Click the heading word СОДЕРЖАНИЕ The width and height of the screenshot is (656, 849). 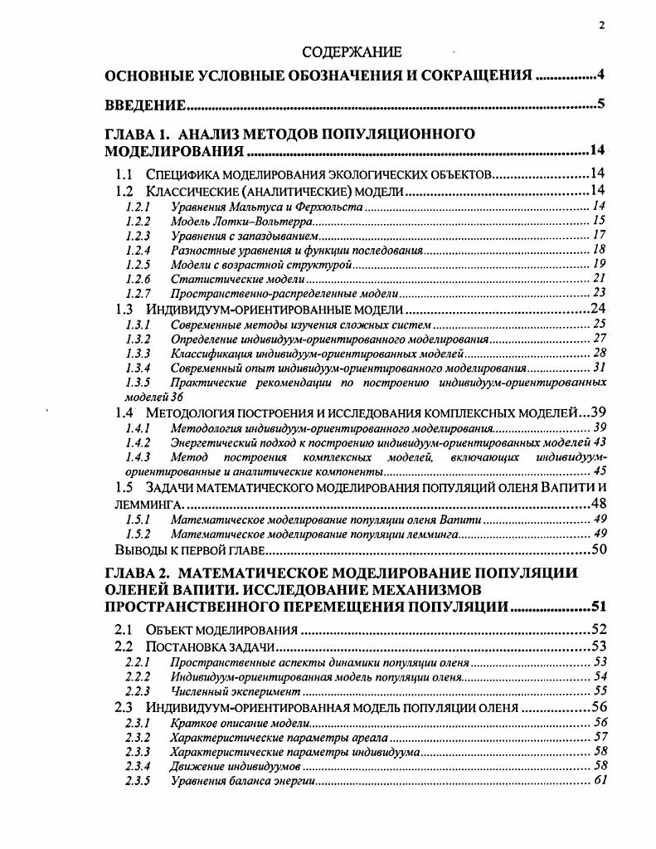(x=352, y=52)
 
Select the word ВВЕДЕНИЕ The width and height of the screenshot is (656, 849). (x=144, y=105)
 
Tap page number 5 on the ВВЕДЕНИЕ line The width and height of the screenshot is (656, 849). (x=600, y=105)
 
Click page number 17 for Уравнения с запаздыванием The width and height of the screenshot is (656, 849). (x=600, y=235)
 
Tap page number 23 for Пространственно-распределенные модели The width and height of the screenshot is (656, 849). (x=600, y=293)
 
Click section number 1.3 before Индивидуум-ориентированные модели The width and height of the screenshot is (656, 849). (x=124, y=309)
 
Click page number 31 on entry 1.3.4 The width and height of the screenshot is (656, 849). (x=600, y=367)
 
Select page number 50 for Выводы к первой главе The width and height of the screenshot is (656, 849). (x=599, y=549)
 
